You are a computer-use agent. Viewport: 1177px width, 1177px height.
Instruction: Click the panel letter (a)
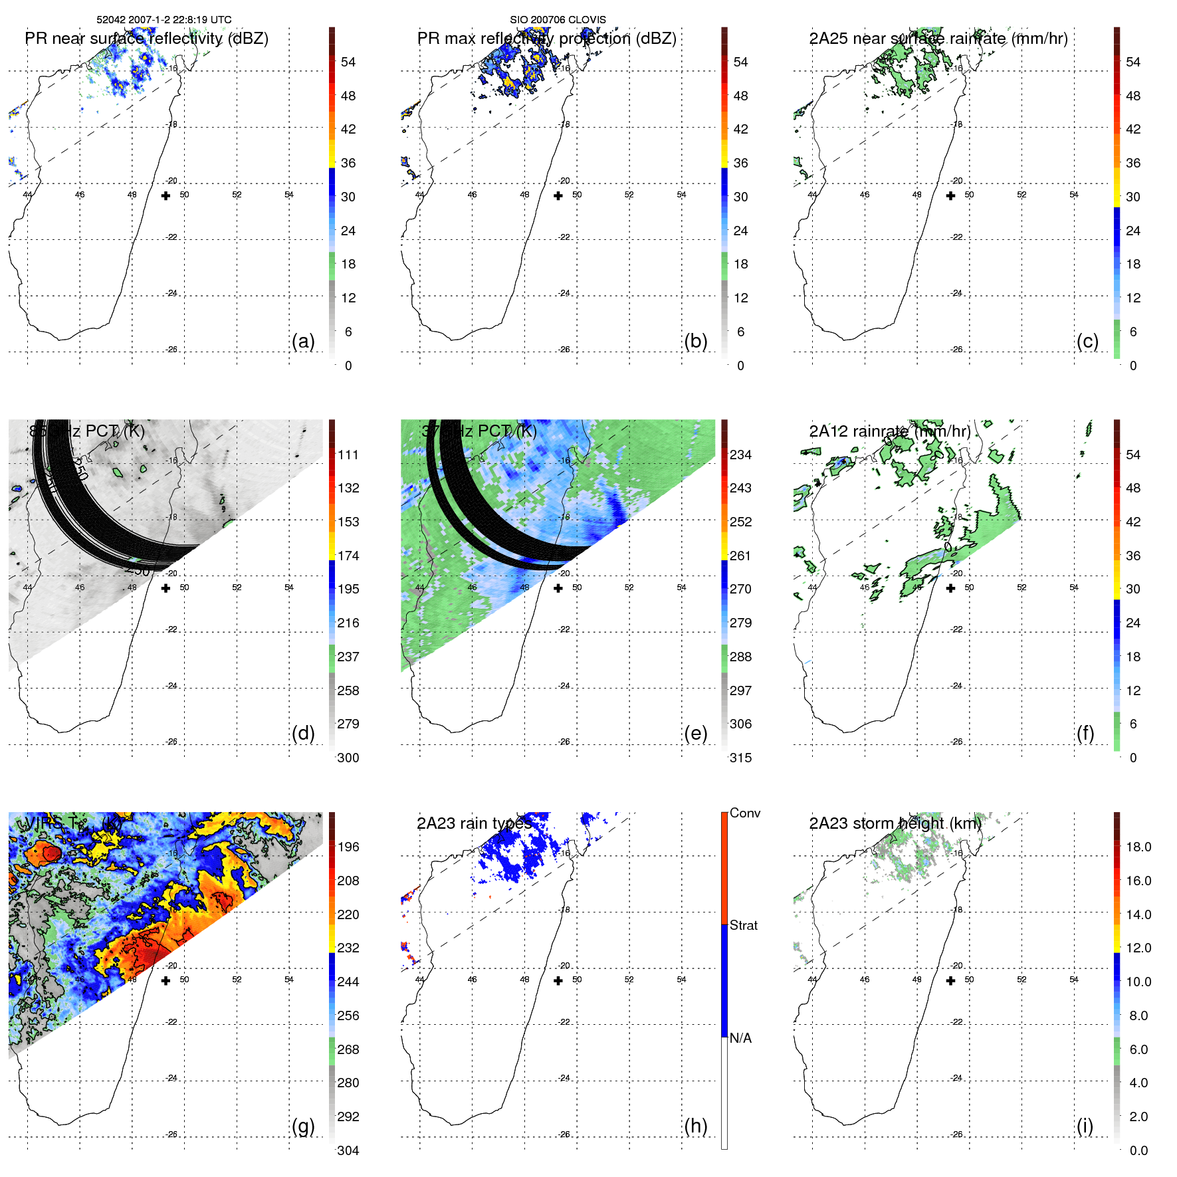(x=303, y=342)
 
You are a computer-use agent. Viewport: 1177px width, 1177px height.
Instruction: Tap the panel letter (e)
(x=695, y=734)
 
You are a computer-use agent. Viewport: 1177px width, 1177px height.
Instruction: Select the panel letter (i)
(x=1085, y=1126)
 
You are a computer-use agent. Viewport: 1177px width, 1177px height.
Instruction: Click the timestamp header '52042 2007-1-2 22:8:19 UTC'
(x=164, y=20)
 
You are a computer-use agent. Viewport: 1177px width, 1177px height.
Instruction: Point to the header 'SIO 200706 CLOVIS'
(x=558, y=20)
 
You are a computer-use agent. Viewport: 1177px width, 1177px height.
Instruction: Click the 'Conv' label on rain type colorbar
(x=745, y=813)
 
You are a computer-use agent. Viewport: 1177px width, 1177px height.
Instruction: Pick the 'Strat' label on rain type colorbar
(x=744, y=925)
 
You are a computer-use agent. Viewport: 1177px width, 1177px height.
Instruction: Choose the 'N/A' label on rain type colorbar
(x=741, y=1038)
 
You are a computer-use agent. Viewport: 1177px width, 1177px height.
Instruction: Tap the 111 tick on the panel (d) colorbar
(x=348, y=455)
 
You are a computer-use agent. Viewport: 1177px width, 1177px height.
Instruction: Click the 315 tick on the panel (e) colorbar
(x=740, y=758)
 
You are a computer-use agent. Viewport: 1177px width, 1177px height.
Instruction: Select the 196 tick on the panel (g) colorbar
(x=348, y=847)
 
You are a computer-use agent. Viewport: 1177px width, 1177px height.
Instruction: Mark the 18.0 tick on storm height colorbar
(x=1138, y=847)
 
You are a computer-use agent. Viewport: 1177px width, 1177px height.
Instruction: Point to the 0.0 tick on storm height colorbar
(x=1138, y=1150)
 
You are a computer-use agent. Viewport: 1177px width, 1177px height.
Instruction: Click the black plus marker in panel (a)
(x=165, y=195)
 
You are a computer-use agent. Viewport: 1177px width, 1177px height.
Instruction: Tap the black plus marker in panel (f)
(x=950, y=588)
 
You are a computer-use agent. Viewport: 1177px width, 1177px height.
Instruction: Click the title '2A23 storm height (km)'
(x=895, y=823)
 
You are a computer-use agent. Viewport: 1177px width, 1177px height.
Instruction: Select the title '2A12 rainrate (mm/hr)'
(x=890, y=431)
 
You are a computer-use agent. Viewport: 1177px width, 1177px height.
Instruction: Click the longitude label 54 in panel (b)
(x=681, y=195)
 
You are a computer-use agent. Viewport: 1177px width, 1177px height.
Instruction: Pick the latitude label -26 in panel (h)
(x=564, y=1134)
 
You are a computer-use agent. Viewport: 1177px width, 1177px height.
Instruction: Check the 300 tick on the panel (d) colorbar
(x=348, y=758)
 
